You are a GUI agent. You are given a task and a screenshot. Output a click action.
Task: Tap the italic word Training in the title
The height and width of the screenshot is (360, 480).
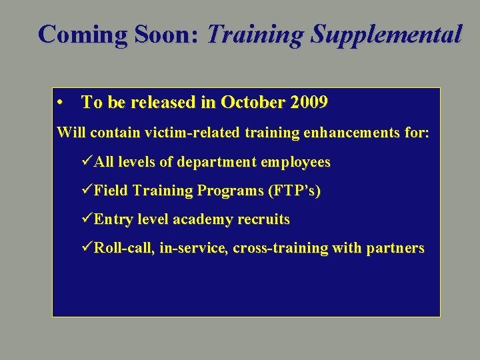coord(249,34)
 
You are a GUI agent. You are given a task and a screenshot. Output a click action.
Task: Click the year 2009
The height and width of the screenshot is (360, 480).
coord(307,103)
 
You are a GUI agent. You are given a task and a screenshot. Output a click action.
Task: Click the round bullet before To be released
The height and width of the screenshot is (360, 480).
coord(61,103)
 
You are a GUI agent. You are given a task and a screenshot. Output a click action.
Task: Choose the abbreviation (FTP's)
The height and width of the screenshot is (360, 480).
coord(294,191)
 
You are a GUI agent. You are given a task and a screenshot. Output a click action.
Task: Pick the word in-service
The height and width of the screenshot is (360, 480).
coord(194,248)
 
